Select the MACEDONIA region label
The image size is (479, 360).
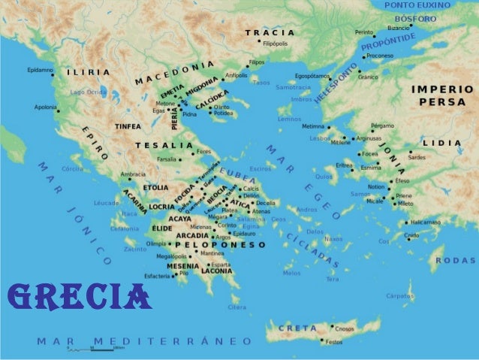click(x=175, y=71)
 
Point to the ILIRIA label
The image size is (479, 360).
click(x=88, y=72)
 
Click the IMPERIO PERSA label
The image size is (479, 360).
click(x=442, y=95)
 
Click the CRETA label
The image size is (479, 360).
click(x=297, y=328)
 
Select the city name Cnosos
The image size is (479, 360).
click(x=345, y=328)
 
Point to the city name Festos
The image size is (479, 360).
click(x=333, y=343)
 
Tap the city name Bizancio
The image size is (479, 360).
click(x=398, y=27)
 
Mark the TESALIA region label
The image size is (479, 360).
click(x=164, y=144)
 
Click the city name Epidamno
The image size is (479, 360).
click(x=40, y=70)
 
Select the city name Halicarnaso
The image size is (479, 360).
click(x=425, y=222)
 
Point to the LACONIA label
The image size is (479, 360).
click(x=216, y=271)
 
